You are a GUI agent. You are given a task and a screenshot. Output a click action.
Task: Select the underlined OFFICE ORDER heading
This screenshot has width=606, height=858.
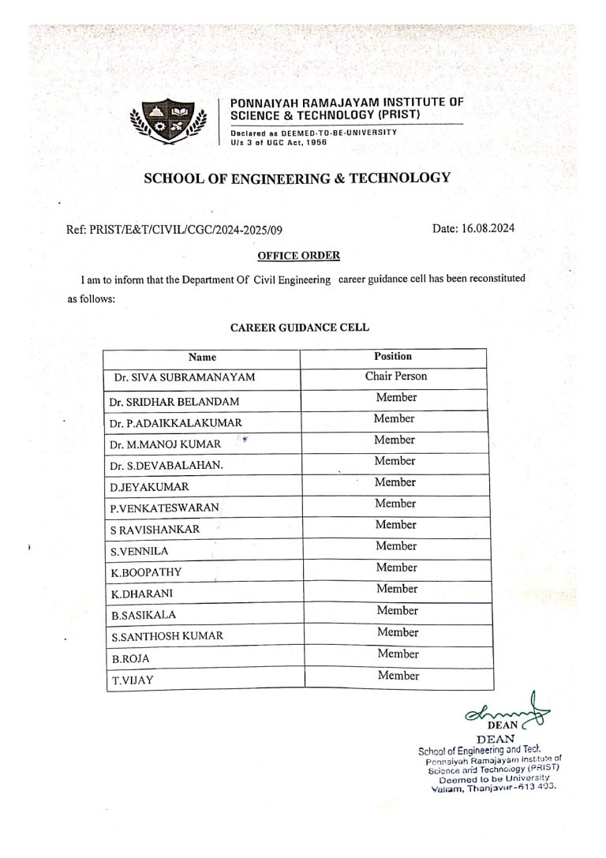(299, 255)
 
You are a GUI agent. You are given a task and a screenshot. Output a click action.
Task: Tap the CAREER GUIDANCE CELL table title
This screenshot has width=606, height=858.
(300, 326)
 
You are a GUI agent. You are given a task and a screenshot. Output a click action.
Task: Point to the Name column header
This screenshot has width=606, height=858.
(203, 358)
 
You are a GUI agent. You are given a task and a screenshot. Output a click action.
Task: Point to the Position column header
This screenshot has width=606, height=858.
(393, 357)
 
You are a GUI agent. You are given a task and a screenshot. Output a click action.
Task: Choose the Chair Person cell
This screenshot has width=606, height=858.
(395, 377)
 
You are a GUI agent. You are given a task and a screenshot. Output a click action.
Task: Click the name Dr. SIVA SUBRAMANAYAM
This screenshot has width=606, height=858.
(184, 378)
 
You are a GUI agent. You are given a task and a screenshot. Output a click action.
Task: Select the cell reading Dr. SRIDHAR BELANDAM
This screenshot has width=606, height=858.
(174, 402)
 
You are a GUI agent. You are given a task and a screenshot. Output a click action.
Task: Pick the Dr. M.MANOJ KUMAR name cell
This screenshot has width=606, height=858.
(166, 444)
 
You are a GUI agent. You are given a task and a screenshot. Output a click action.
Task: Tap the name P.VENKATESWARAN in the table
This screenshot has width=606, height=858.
(165, 508)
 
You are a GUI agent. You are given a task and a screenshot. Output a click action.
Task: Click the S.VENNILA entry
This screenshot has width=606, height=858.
(140, 551)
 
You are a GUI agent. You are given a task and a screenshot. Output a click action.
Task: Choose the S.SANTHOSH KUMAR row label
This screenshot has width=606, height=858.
(166, 635)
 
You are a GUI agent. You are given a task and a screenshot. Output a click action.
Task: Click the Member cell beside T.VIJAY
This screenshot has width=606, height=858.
(398, 676)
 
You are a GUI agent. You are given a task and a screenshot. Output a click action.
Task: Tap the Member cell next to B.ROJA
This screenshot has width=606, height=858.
(398, 654)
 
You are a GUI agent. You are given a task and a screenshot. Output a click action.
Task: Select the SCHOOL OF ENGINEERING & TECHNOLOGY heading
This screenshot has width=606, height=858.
(297, 178)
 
